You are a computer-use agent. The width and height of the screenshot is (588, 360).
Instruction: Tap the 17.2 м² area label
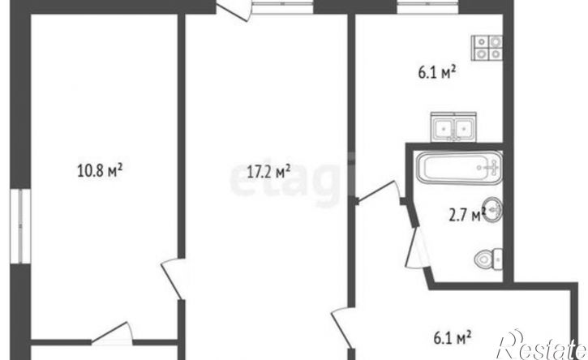point(268,171)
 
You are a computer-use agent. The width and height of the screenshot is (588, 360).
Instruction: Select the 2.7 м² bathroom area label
point(467,215)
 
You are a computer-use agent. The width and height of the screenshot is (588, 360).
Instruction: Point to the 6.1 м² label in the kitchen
point(437,72)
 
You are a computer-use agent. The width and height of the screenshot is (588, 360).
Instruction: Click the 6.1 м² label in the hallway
point(453,338)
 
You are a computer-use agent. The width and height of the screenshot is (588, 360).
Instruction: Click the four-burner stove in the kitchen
point(487,47)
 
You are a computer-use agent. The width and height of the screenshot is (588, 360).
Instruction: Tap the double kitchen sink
point(453,127)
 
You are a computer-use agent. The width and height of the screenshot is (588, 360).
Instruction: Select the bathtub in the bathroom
point(458,167)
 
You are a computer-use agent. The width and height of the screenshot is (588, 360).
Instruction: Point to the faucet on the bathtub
point(493,167)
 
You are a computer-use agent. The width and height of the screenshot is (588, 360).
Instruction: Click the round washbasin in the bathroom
point(493,210)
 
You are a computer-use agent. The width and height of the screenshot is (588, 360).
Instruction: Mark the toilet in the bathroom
point(489,259)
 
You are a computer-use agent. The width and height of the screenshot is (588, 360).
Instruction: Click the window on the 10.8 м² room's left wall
point(20,225)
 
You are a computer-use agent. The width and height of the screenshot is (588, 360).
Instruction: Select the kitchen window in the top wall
point(427,7)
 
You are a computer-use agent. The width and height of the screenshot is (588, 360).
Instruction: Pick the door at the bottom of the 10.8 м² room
point(112,333)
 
